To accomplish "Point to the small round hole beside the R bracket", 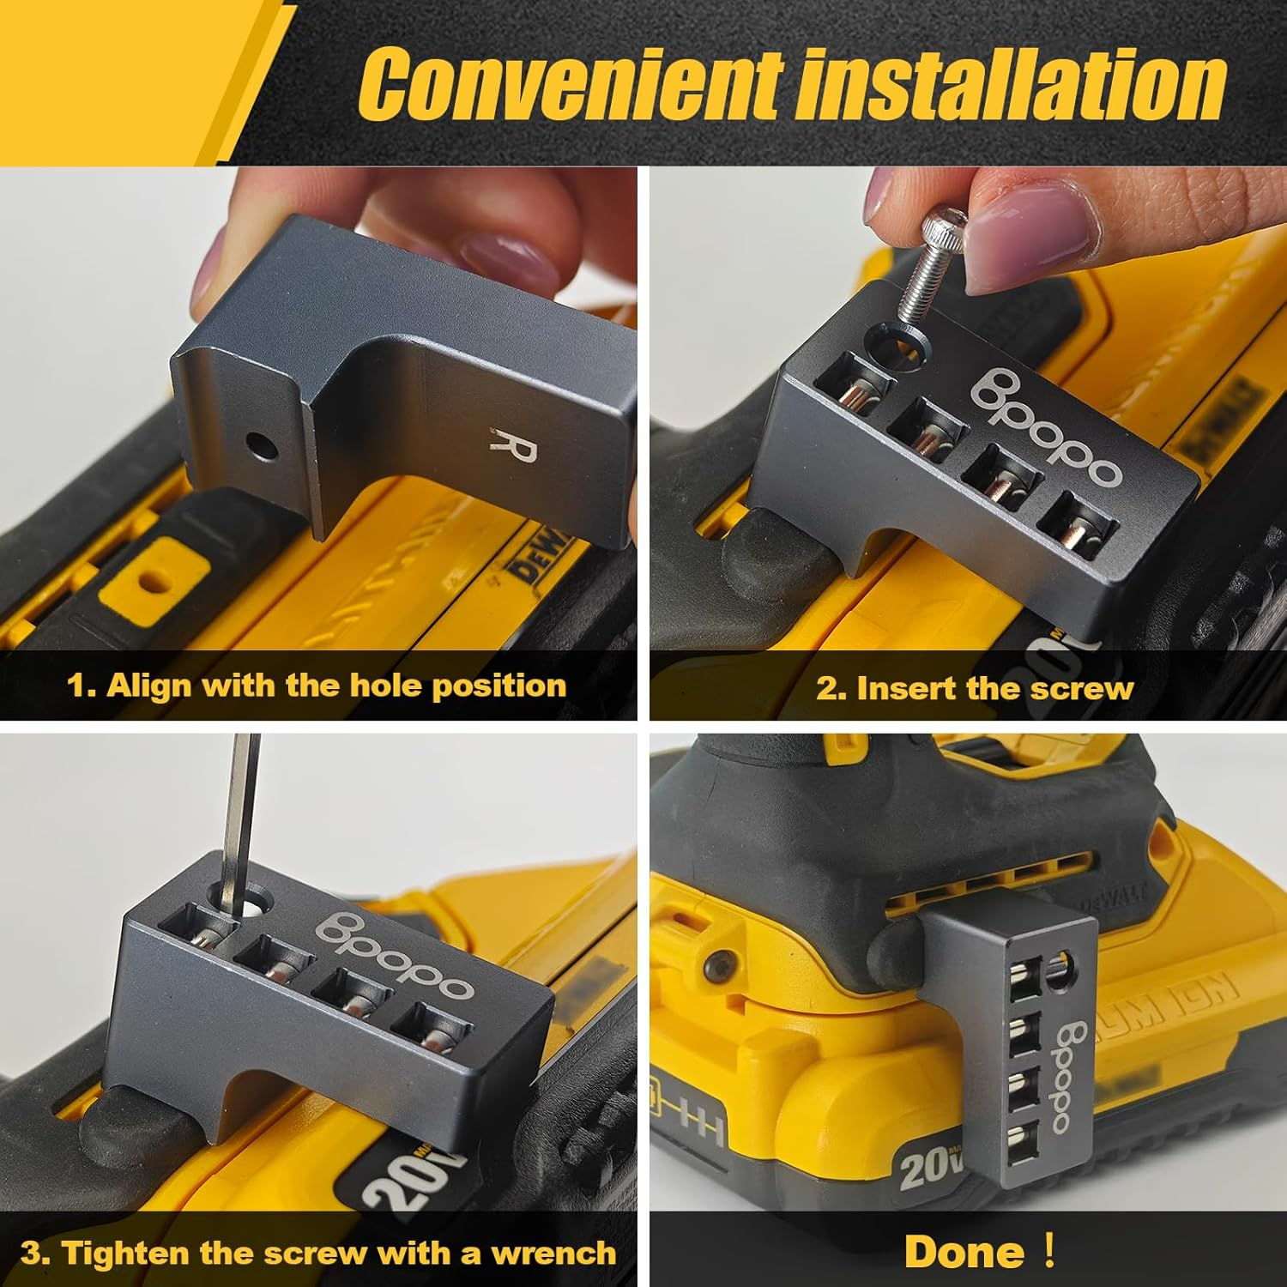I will [261, 445].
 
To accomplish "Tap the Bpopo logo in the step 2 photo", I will [1045, 426].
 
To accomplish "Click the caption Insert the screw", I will [975, 688].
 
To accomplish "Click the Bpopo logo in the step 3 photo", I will [395, 954].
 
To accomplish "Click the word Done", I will [964, 1252].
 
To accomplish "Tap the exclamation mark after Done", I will [1048, 1250].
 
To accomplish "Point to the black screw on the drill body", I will [714, 967].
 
